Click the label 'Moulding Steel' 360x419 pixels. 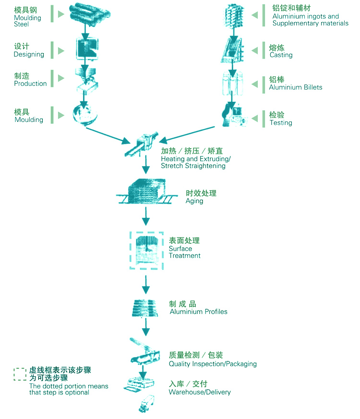(x=27, y=21)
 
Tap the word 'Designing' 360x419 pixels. (x=29, y=54)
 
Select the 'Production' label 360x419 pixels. (x=30, y=84)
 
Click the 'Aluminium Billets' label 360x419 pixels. (x=295, y=87)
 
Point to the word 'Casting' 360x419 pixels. (x=281, y=55)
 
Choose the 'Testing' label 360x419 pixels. (x=280, y=123)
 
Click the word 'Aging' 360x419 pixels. (x=194, y=201)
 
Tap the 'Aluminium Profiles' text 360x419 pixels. (x=198, y=311)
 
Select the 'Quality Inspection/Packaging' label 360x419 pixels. (x=212, y=364)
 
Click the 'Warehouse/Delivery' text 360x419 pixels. (x=199, y=392)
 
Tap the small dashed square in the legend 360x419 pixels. (x=20, y=374)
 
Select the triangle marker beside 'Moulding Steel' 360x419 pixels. (x=60, y=14)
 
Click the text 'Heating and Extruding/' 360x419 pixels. (x=195, y=159)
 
